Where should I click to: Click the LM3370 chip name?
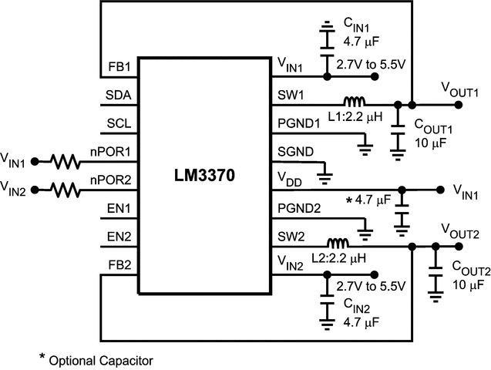click(204, 177)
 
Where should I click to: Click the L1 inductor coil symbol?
click(355, 100)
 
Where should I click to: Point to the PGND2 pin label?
click(294, 208)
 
